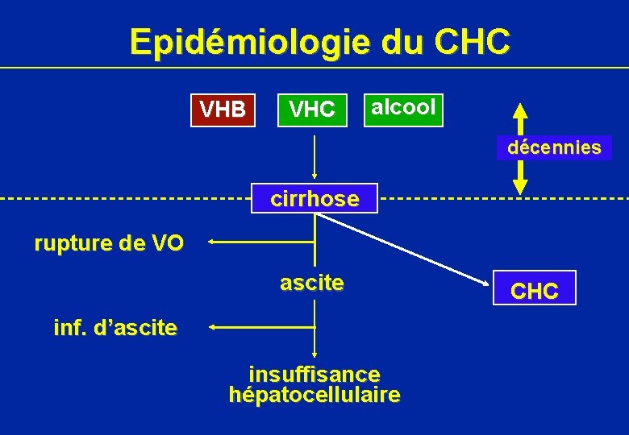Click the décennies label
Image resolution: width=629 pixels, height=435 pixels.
pyautogui.click(x=553, y=148)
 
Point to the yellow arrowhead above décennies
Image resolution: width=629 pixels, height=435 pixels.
pyautogui.click(x=520, y=112)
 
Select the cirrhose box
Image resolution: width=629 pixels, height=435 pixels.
pyautogui.click(x=314, y=199)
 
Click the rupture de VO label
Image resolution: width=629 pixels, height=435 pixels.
pyautogui.click(x=109, y=243)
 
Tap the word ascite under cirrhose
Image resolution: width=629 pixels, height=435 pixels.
pyautogui.click(x=312, y=283)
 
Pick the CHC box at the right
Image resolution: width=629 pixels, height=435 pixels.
pyautogui.click(x=535, y=288)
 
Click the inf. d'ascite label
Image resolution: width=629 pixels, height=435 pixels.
pyautogui.click(x=115, y=328)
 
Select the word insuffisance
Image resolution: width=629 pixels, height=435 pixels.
pyautogui.click(x=314, y=375)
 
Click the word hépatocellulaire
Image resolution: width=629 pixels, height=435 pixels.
pyautogui.click(x=314, y=395)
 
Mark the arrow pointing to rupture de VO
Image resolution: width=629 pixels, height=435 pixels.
pyautogui.click(x=258, y=241)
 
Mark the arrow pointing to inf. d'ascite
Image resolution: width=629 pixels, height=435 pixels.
pyautogui.click(x=258, y=327)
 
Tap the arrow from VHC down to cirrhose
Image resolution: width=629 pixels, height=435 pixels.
pyautogui.click(x=314, y=157)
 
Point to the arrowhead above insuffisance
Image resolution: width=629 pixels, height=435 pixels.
pyautogui.click(x=314, y=354)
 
